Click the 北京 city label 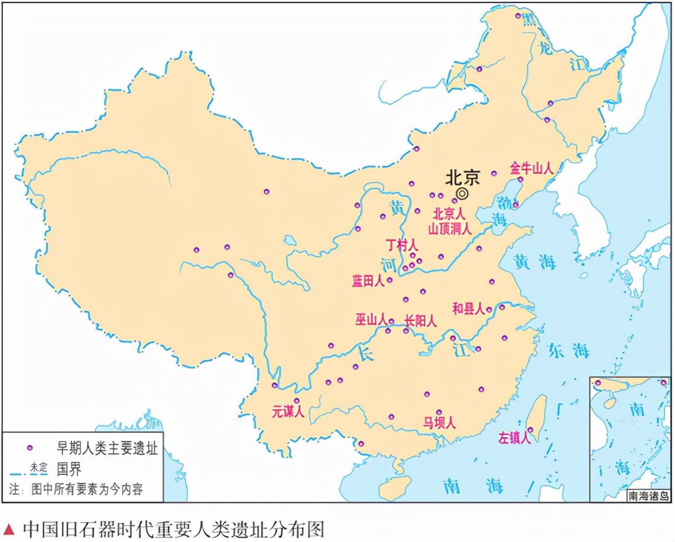[462, 177]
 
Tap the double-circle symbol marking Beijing [462, 193]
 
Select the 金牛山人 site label [531, 168]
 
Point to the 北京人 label [449, 215]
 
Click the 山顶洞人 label [449, 229]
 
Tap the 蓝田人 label [368, 281]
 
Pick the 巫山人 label [371, 320]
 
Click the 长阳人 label [421, 320]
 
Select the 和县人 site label [469, 308]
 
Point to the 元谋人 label [288, 411]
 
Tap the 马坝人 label [439, 423]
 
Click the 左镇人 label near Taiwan [514, 438]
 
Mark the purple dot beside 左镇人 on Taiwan [531, 430]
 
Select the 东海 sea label [568, 350]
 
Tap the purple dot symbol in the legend [29, 448]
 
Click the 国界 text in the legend [69, 468]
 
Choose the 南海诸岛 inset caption [649, 496]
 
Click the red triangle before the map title [9, 530]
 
